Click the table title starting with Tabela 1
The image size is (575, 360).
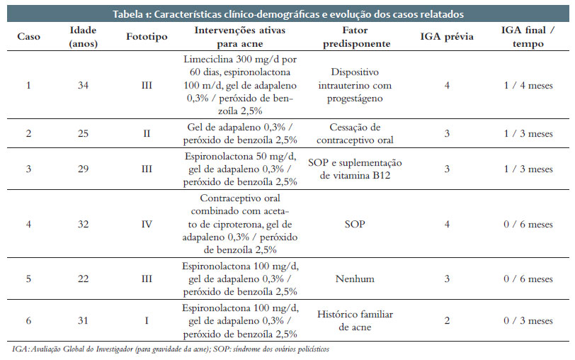(x=287, y=14)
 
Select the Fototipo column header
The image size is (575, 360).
(x=147, y=37)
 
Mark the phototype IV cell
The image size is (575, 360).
(x=147, y=224)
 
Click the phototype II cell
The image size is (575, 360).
(x=147, y=133)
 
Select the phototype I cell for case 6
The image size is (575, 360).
(x=147, y=321)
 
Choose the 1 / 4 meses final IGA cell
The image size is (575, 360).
(x=526, y=86)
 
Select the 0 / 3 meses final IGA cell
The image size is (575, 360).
(x=526, y=321)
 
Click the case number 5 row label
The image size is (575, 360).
(x=29, y=279)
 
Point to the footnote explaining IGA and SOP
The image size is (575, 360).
(x=171, y=349)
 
